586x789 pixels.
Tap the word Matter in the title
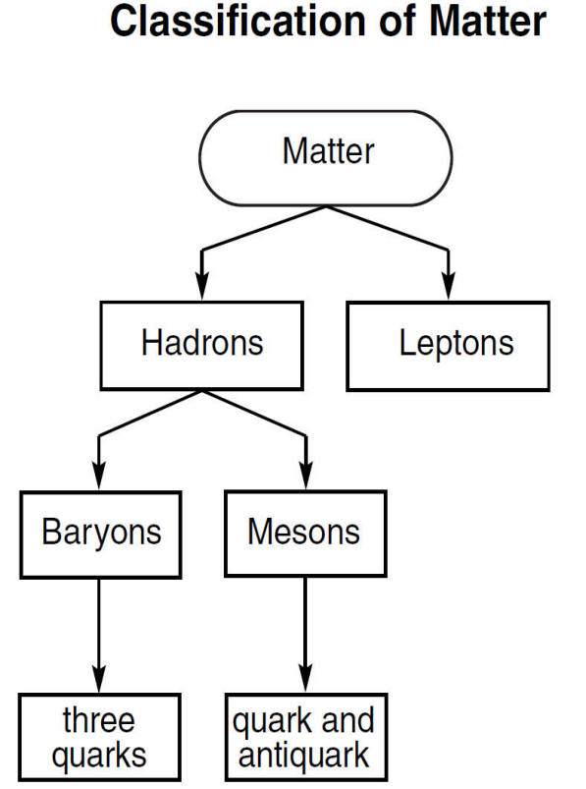pos(488,22)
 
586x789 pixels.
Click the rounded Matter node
pos(326,158)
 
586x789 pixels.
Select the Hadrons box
pos(202,346)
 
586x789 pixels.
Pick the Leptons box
pos(449,346)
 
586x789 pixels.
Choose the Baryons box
pos(100,535)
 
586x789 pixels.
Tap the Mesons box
pos(305,534)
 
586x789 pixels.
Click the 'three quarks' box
pos(99,737)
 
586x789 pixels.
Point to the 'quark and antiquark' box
pos(306,737)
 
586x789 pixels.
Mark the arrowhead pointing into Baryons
pos(99,476)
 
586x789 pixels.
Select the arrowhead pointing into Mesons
pos(306,476)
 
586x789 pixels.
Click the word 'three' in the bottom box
pos(99,720)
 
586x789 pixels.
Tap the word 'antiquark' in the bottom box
pos(304,756)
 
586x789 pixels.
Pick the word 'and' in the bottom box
pos(347,720)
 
